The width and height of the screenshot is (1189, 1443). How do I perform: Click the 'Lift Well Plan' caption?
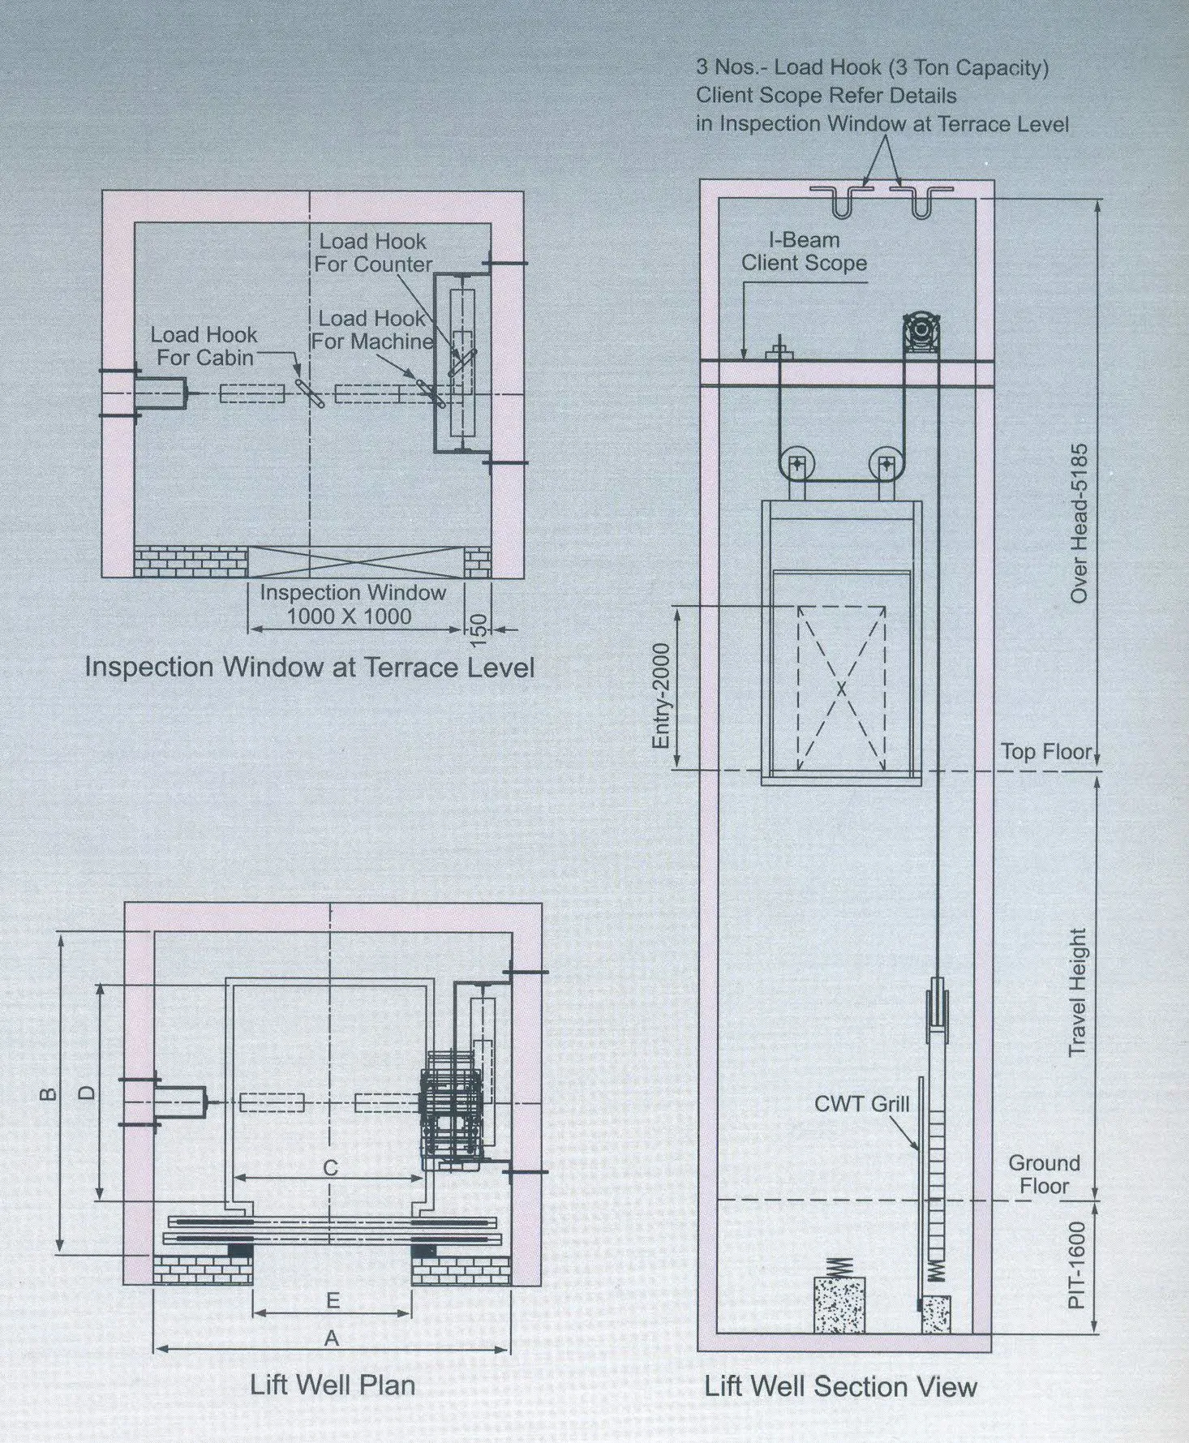333,1385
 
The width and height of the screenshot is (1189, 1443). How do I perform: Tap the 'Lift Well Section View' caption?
840,1386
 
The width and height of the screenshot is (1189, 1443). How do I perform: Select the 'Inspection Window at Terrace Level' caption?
310,667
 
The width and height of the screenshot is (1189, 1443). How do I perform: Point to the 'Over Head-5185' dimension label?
1079,523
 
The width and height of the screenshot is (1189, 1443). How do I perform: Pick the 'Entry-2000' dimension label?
662,696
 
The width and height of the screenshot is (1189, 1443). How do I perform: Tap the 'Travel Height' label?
1077,992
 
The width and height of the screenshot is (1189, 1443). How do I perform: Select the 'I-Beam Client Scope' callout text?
804,251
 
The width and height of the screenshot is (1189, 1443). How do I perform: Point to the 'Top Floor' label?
1046,752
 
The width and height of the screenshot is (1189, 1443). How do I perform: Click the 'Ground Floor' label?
1044,1174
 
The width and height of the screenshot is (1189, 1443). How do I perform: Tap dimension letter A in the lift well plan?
331,1338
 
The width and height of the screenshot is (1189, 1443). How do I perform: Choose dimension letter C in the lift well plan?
330,1168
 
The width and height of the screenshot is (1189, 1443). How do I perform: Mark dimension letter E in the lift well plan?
332,1301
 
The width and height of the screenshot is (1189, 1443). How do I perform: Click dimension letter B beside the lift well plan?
49,1095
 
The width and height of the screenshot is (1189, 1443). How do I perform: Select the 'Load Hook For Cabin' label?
204,346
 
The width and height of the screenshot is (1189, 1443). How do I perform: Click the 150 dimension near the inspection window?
479,629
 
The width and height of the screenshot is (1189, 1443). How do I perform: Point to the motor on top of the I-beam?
921,333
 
